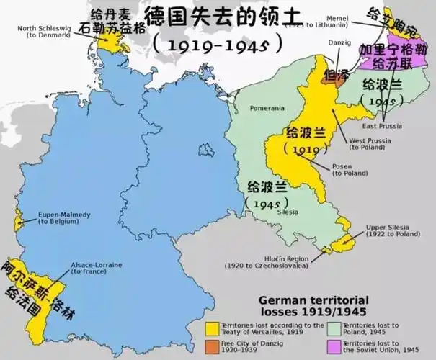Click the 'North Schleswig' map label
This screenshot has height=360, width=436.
coord(45,28)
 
